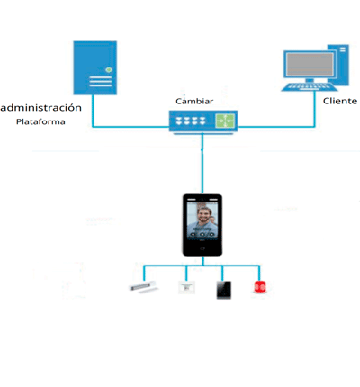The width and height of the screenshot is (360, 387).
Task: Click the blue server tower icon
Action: pos(94,67)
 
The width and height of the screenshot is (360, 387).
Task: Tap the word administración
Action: pos(42,107)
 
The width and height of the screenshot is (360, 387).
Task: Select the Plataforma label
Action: pos(40,121)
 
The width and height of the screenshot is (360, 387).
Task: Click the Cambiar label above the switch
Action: pos(194,102)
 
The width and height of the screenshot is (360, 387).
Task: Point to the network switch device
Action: pos(202,121)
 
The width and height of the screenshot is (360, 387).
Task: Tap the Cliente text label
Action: pos(340,101)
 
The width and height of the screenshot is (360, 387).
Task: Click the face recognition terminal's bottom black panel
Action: pos(202,246)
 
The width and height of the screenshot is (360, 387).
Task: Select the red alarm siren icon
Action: pos(260,288)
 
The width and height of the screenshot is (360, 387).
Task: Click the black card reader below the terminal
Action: pos(222,289)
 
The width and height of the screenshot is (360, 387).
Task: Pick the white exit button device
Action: pos(186,288)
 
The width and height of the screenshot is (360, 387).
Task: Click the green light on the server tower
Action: pos(108,68)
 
